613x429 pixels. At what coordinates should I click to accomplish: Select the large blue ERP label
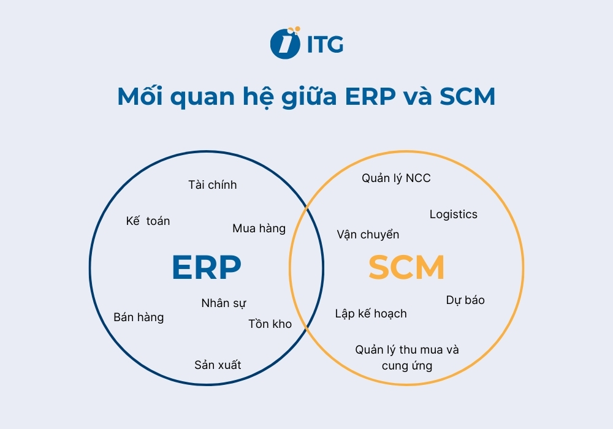click(206, 268)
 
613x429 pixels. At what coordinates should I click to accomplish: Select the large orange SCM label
click(406, 268)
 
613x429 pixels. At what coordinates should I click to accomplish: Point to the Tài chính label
click(212, 185)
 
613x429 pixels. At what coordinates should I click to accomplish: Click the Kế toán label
click(148, 221)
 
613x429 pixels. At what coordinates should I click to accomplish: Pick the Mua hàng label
click(259, 229)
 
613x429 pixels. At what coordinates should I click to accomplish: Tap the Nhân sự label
click(224, 303)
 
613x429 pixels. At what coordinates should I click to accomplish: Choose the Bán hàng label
click(139, 317)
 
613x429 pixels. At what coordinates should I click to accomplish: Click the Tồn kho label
click(270, 324)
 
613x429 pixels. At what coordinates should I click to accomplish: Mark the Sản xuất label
click(218, 365)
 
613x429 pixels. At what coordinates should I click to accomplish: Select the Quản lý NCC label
click(396, 178)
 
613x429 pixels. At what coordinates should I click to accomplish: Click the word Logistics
click(453, 214)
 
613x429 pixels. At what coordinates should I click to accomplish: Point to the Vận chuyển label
click(368, 235)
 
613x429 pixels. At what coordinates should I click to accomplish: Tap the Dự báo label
click(465, 300)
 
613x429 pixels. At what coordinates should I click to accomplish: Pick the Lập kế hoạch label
click(371, 314)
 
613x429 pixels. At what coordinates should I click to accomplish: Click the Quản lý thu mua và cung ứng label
click(407, 358)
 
